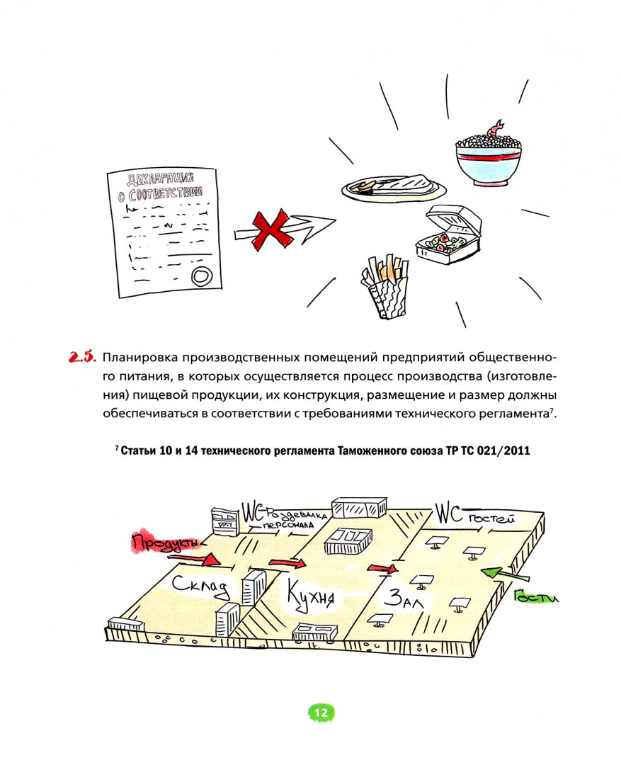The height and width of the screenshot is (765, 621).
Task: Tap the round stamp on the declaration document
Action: [x=201, y=274]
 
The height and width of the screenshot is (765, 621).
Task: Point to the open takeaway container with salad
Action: [x=449, y=237]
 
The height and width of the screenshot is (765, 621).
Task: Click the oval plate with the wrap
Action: [x=394, y=187]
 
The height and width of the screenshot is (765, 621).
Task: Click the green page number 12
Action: [x=320, y=713]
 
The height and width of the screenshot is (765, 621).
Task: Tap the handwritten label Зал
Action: [x=404, y=599]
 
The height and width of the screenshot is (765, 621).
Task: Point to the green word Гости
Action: [x=537, y=597]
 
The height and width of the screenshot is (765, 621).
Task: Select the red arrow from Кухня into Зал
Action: [x=382, y=567]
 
